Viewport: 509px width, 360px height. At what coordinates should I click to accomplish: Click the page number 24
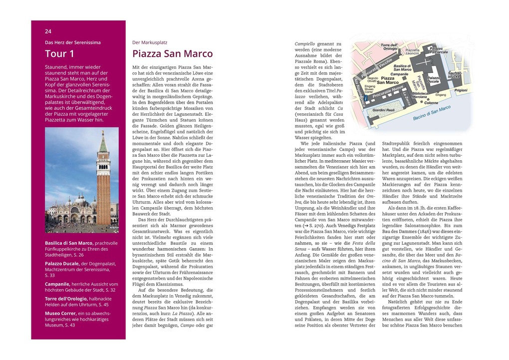click(48, 31)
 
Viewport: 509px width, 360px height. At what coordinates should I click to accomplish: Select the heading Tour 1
click(59, 54)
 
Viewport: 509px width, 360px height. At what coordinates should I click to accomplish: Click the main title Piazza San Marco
click(172, 54)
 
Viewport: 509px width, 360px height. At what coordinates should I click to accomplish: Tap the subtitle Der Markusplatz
click(150, 42)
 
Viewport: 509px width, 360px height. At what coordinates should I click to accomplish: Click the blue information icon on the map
click(367, 99)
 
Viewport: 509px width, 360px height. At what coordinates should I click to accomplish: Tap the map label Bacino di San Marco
click(432, 113)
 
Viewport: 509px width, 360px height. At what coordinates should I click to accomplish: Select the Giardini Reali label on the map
click(383, 109)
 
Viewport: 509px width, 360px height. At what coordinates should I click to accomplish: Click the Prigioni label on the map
click(461, 90)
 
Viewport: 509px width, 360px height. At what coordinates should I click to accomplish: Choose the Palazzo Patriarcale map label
click(438, 50)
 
